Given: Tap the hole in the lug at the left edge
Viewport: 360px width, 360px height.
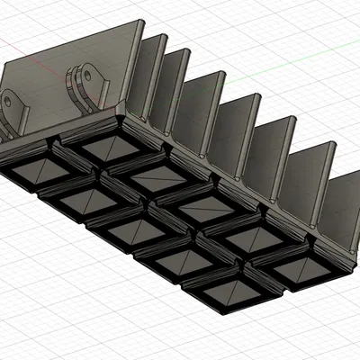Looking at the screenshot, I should (x=9, y=101).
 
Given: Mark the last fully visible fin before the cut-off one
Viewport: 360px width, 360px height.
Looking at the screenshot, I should (x=310, y=180).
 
